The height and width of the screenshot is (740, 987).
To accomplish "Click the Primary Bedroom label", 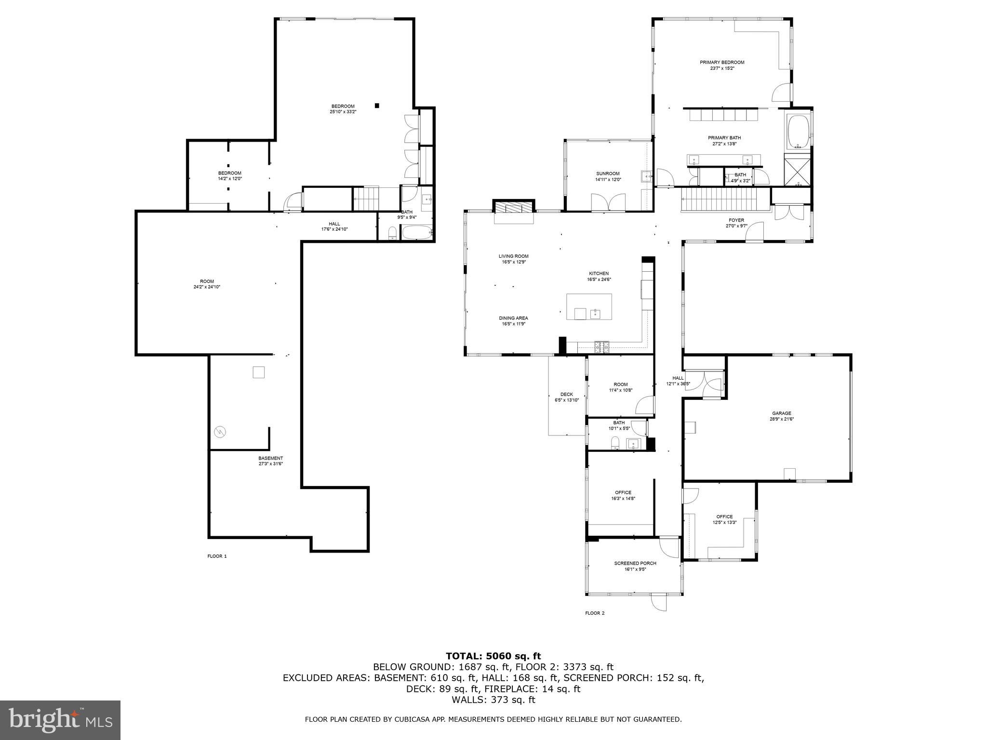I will click(722, 62).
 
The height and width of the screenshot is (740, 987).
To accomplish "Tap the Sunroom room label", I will click(608, 173).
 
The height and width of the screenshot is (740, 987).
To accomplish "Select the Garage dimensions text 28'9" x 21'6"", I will click(781, 419).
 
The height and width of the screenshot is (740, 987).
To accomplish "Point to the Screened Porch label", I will click(635, 563).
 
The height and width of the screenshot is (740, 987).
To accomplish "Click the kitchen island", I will click(589, 306).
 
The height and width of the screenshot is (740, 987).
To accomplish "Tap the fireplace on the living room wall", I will click(514, 207).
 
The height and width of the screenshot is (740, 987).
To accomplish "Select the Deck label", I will click(566, 394).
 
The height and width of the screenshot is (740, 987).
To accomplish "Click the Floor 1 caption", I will click(217, 556).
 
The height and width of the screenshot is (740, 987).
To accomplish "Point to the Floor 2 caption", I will click(594, 613).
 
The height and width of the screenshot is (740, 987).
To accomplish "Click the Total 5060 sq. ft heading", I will click(493, 656).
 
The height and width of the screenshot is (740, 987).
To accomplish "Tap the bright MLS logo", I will click(60, 720).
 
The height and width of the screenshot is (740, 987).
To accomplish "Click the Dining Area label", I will click(513, 318).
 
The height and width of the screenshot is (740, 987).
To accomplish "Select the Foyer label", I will click(736, 220).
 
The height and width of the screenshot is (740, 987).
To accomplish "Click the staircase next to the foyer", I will click(719, 199).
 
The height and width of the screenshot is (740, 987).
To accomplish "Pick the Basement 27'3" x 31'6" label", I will click(270, 461).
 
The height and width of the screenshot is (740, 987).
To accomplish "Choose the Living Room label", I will click(513, 256).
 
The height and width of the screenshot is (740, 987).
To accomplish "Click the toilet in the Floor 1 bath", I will click(392, 234).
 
